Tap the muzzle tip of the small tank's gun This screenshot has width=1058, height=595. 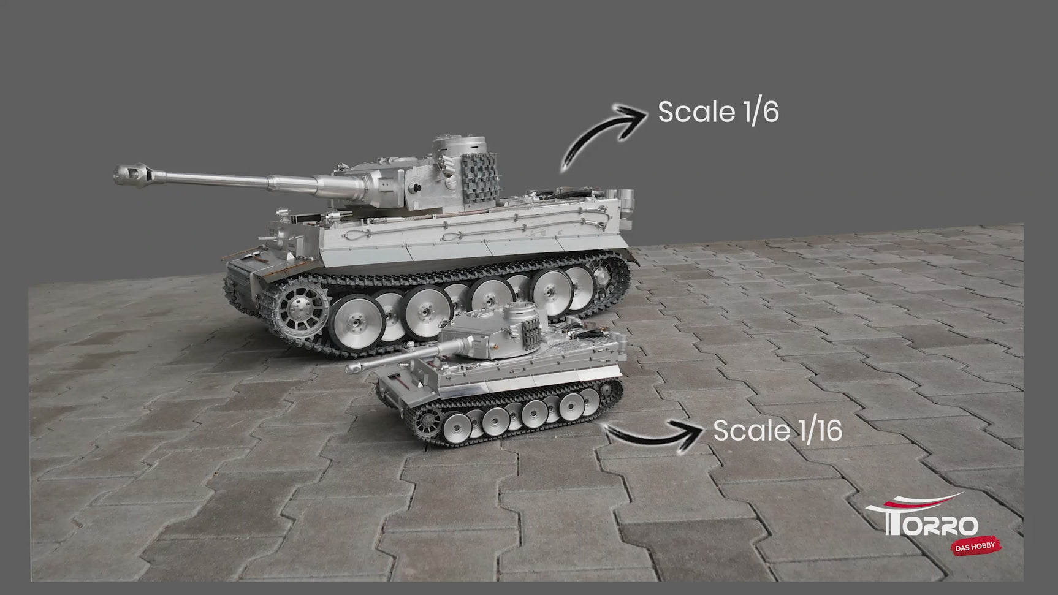coord(352,368)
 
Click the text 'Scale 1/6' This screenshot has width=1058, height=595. coord(718,112)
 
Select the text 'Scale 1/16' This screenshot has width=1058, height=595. coord(777,430)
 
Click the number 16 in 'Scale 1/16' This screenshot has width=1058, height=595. coord(828,430)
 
